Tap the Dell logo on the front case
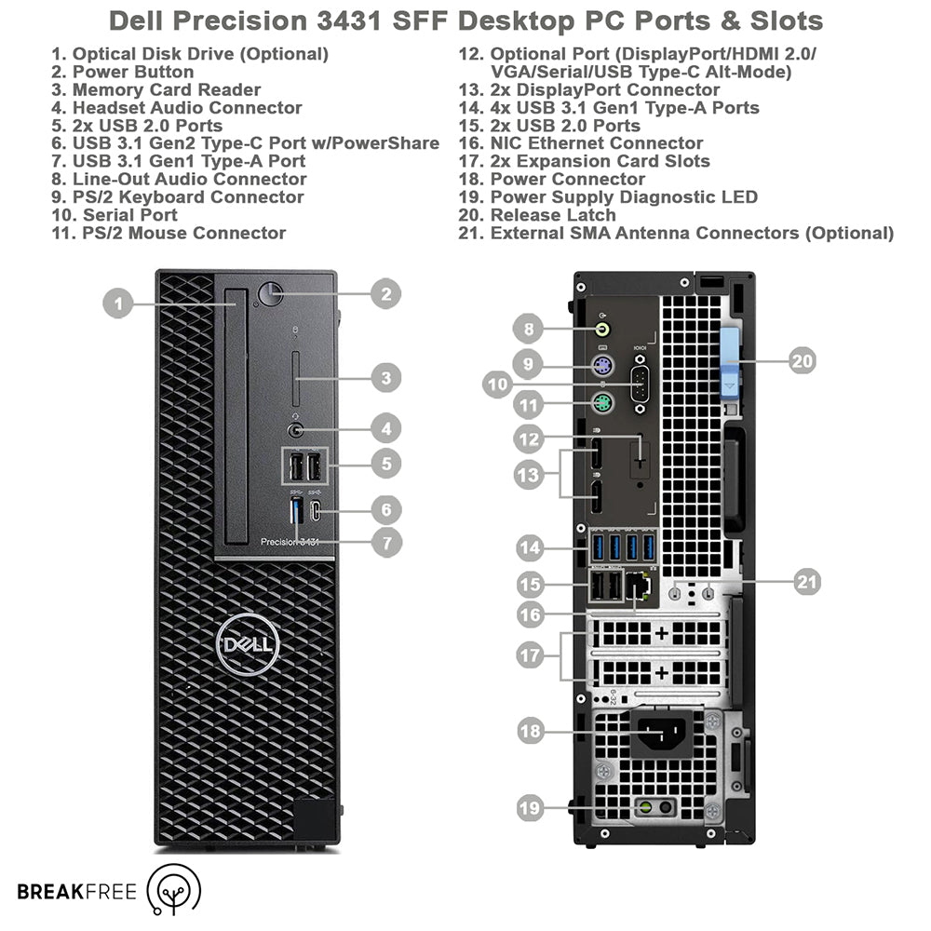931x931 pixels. tap(248, 644)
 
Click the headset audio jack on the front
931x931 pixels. tap(296, 430)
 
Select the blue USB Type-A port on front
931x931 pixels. tap(297, 511)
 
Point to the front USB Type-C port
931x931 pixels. tap(316, 510)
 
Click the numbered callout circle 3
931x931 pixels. tap(386, 378)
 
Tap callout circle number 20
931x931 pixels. tap(803, 360)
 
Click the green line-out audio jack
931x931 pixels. tap(603, 329)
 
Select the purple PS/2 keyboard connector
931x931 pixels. tap(602, 365)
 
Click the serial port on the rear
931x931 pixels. tap(641, 385)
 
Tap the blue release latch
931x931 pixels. tap(730, 363)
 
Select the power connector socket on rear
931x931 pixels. tap(661, 735)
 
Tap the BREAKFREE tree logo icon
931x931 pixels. tap(173, 889)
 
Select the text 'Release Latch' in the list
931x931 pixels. tap(553, 215)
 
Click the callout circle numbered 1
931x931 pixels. tap(117, 304)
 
